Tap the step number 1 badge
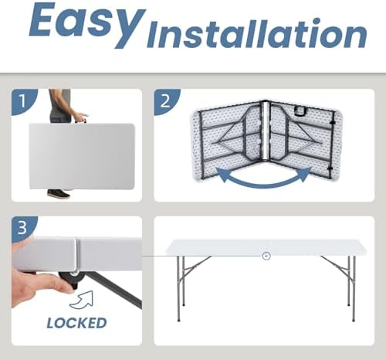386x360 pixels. click(22, 100)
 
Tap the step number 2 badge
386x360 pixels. click(165, 100)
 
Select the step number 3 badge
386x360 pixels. click(22, 228)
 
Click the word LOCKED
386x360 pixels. click(76, 323)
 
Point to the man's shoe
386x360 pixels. click(59, 194)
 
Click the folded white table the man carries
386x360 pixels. click(82, 156)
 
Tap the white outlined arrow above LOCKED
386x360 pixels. click(82, 300)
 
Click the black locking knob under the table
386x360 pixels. click(73, 279)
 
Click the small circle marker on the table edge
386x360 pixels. click(266, 256)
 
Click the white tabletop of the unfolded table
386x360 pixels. click(266, 248)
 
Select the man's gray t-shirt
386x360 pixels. click(60, 104)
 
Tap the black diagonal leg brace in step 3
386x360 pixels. click(113, 288)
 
